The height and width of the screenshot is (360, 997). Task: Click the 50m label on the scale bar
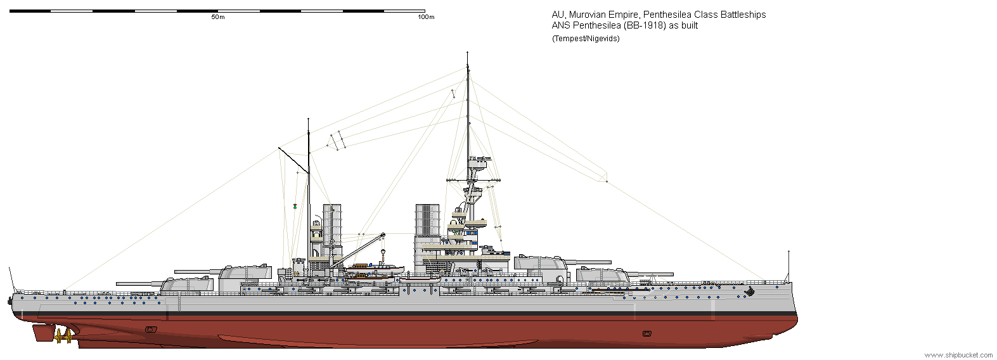click(217, 17)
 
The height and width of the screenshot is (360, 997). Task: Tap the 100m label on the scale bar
click(426, 17)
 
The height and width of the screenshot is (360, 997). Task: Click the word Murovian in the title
click(588, 15)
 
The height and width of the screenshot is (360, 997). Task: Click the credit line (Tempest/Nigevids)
click(586, 39)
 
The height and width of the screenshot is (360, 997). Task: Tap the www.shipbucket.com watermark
click(960, 355)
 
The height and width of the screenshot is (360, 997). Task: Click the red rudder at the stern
click(44, 332)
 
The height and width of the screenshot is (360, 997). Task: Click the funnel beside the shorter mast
click(332, 230)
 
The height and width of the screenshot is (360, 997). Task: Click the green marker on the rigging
click(295, 206)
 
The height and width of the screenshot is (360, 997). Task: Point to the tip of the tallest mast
click(467, 52)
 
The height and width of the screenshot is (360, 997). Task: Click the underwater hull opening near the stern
click(151, 330)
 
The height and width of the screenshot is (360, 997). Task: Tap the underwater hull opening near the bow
click(647, 333)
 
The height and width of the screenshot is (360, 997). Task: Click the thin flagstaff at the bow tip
click(788, 266)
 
